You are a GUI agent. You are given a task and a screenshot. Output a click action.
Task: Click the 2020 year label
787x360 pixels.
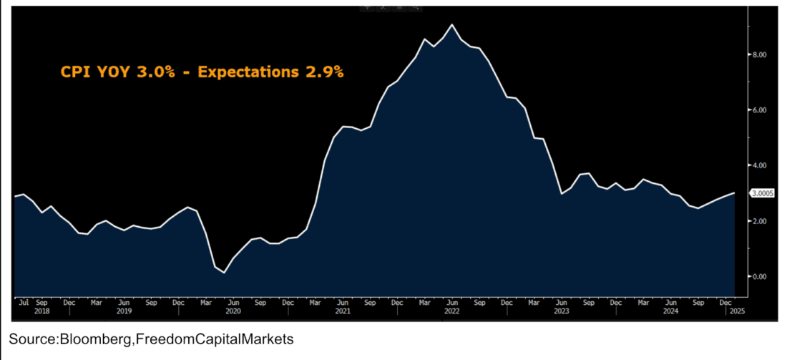click(x=233, y=311)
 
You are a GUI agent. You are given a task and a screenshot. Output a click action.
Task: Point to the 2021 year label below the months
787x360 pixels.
click(x=343, y=311)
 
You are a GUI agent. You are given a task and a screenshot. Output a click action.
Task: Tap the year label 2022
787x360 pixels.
click(x=452, y=311)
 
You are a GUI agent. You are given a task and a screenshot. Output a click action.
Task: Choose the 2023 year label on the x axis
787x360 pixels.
click(x=562, y=311)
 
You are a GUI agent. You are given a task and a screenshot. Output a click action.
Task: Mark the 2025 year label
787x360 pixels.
click(x=737, y=311)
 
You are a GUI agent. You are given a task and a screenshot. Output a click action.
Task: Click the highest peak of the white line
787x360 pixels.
click(x=452, y=25)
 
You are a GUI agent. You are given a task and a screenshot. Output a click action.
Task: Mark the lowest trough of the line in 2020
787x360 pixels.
click(x=224, y=273)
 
